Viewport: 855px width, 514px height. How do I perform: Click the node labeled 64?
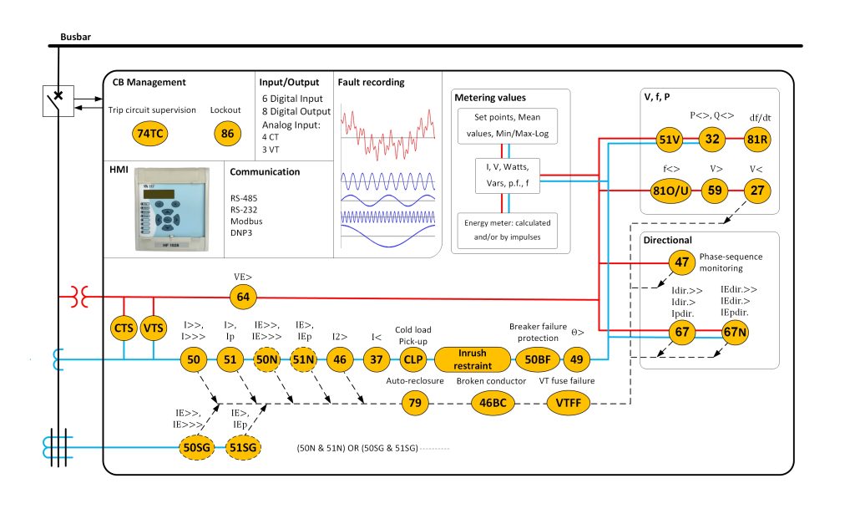coord(243,296)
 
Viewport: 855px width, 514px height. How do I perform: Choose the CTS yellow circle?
coord(124,328)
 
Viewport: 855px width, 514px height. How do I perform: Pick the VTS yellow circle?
coord(154,328)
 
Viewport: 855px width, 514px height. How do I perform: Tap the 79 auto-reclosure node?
coord(413,405)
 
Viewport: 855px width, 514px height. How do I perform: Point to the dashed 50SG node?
coord(198,448)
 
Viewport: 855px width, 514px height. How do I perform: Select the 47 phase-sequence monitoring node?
coord(683,262)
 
